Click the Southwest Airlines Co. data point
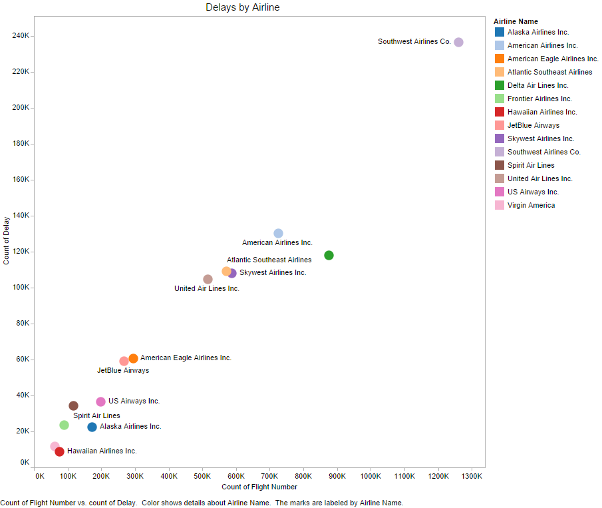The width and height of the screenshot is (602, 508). coord(458,42)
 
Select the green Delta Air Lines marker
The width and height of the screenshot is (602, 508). coord(329,256)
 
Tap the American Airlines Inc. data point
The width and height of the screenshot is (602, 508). coord(278,233)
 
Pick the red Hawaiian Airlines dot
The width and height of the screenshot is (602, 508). coord(59,451)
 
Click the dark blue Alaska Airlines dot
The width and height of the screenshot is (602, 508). coord(92,427)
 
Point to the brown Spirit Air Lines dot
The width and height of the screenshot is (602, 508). coord(73,405)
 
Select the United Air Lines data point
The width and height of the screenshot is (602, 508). coord(208,279)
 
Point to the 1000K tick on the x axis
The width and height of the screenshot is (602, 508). coord(370,476)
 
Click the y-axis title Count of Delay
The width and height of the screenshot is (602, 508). coord(7,240)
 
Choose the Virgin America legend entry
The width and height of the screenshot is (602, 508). coord(531,205)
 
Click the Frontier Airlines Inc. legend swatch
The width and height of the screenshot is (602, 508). coord(500,99)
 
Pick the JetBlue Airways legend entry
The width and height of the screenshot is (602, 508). coord(533,125)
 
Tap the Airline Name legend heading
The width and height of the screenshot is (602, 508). coord(516,21)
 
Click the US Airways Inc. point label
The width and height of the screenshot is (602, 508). coord(134,401)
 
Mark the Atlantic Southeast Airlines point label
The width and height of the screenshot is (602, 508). coord(269,260)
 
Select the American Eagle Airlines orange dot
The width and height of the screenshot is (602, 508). coord(133,358)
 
